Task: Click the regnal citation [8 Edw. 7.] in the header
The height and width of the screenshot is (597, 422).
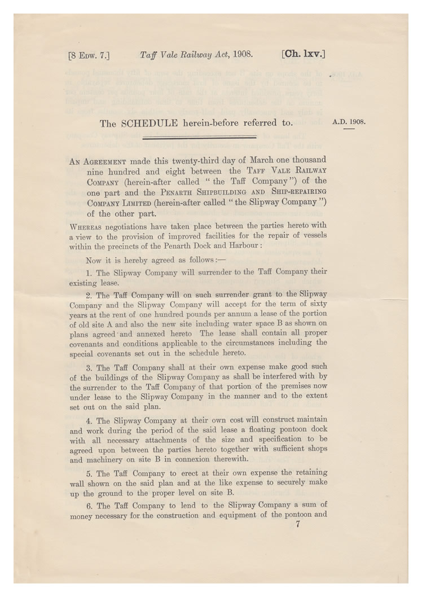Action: point(89,55)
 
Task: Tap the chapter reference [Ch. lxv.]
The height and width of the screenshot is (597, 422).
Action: point(302,55)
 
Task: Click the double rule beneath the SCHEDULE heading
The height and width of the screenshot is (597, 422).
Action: point(200,137)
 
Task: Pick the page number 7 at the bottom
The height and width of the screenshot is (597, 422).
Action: point(297,524)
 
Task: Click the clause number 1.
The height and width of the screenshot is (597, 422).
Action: point(89,271)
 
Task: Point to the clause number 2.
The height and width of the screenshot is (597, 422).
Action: point(89,295)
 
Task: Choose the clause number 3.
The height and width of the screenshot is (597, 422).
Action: point(89,368)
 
